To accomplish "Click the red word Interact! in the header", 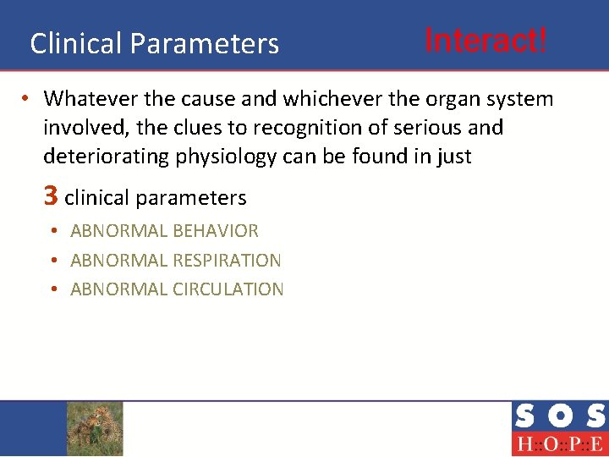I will point(486,39).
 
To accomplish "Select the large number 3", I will point(51,196).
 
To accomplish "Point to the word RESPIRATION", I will point(227,261).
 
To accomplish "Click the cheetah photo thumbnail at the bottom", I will point(95,428).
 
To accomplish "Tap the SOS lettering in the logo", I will point(558,416).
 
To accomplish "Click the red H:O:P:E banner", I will point(558,443).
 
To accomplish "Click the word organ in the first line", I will point(444,99).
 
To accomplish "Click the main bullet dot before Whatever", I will point(28,99).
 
